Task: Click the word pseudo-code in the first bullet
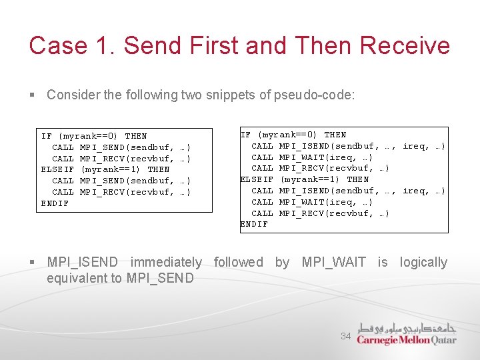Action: point(314,95)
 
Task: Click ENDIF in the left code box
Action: point(55,203)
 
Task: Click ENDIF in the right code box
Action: point(254,225)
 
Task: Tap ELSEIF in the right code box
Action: point(257,179)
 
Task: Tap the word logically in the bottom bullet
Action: point(423,263)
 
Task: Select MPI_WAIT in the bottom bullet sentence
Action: point(333,263)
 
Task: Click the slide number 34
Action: point(345,337)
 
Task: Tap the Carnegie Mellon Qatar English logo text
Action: point(406,340)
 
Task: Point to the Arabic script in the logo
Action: point(407,328)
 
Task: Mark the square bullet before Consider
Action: point(33,95)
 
